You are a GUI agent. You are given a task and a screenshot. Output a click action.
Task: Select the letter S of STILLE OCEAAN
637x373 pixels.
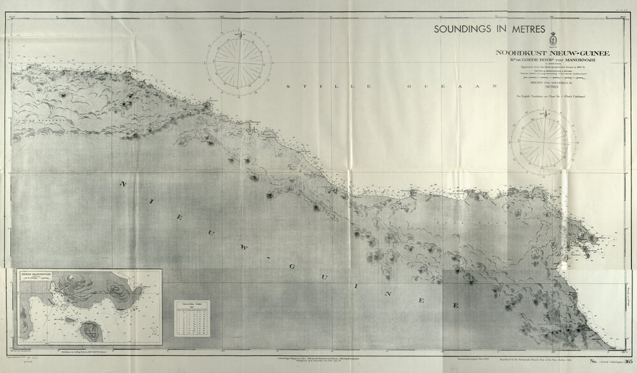(x=289, y=85)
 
